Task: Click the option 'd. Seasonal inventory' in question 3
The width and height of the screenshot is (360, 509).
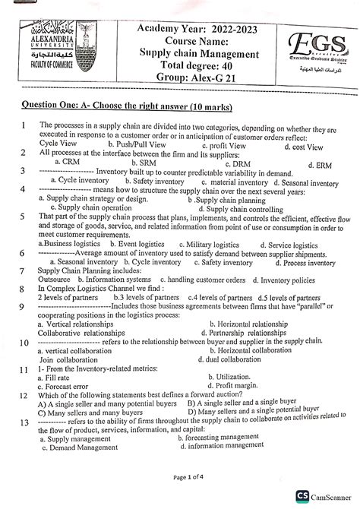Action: point(298,183)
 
